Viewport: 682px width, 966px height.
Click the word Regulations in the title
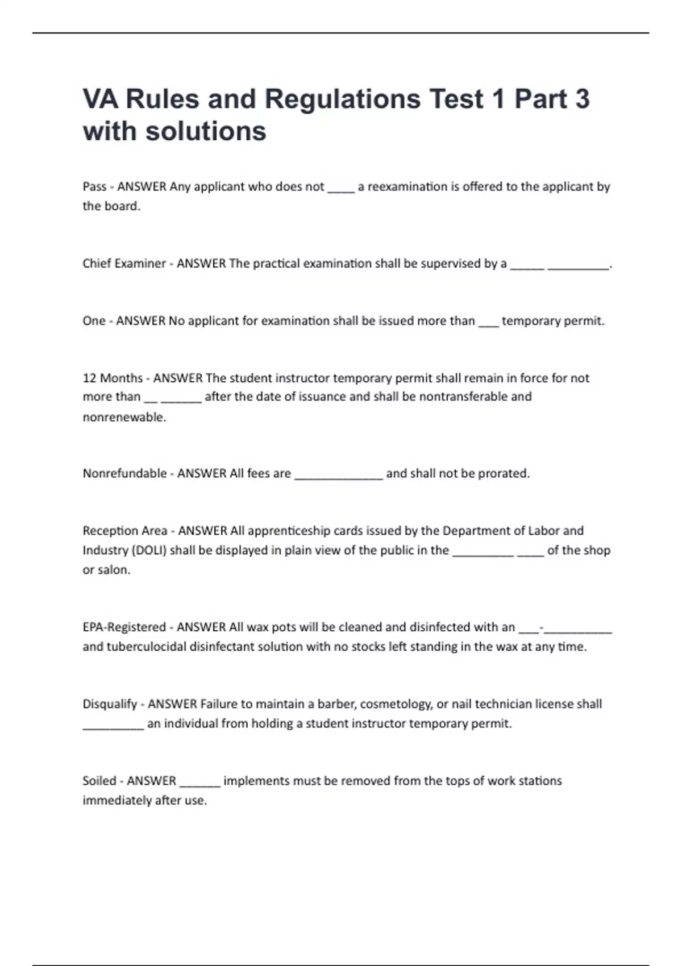click(343, 99)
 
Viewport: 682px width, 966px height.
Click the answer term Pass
click(94, 186)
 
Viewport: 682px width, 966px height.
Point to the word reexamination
click(407, 186)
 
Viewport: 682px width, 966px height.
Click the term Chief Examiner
click(124, 263)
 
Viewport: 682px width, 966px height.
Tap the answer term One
click(94, 320)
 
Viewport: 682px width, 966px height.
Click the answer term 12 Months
click(113, 378)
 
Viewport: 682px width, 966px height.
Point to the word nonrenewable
click(124, 417)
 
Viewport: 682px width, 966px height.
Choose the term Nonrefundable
click(124, 473)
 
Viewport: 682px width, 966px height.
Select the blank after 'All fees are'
click(339, 476)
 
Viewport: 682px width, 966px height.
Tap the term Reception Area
click(124, 531)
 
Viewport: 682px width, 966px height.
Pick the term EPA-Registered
click(124, 627)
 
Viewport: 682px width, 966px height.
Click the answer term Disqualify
click(110, 704)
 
